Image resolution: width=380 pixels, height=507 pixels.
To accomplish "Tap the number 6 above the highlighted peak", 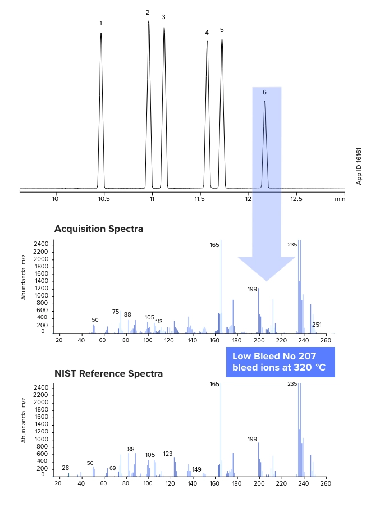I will click(x=264, y=92).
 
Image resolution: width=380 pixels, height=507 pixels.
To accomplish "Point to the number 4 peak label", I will click(x=207, y=33).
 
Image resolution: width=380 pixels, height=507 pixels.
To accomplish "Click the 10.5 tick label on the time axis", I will click(x=104, y=199).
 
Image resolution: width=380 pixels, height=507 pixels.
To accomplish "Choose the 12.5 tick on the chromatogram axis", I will click(x=296, y=199).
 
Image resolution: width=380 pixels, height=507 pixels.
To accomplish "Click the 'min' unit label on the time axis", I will click(x=340, y=199).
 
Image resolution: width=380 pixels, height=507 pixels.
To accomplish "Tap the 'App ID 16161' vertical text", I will click(x=359, y=166).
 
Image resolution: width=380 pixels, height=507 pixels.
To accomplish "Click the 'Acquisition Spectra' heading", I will click(x=99, y=229).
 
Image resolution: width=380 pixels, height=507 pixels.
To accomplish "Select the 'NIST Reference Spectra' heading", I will click(x=108, y=373).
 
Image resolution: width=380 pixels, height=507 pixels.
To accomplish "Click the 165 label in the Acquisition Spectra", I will click(x=214, y=245).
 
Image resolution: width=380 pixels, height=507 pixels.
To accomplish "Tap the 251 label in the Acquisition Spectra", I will click(x=317, y=325).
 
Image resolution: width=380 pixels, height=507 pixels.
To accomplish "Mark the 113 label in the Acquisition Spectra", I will click(x=159, y=322).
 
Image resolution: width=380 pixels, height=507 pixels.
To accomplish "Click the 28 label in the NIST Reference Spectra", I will click(x=65, y=468).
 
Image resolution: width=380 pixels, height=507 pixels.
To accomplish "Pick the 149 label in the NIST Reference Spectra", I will click(x=196, y=469).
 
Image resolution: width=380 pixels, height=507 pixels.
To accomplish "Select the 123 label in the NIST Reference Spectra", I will click(x=168, y=454).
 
